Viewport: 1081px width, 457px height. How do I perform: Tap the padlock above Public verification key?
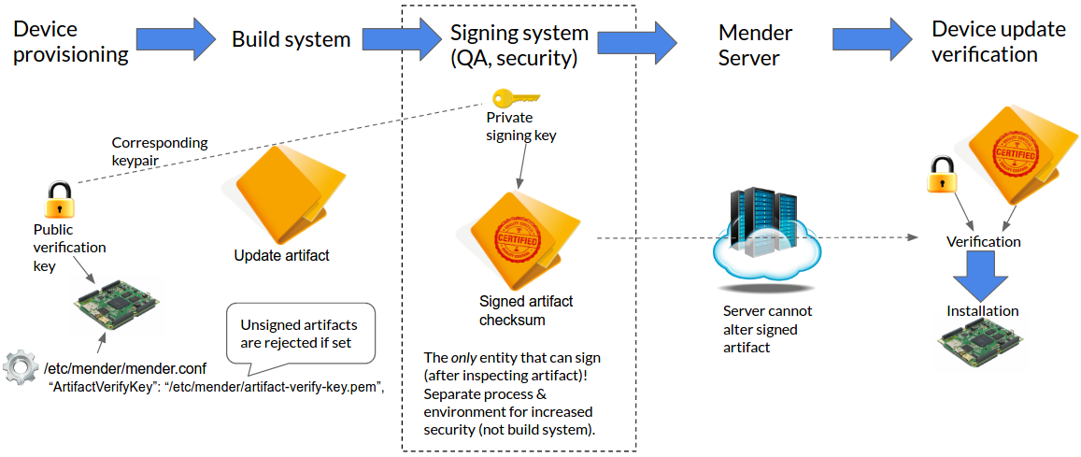[58, 199]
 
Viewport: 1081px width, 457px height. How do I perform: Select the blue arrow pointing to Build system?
[176, 38]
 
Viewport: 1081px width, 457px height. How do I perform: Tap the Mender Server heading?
[755, 45]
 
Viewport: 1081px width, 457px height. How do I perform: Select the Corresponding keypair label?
[160, 151]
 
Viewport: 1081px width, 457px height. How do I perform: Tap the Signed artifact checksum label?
[526, 310]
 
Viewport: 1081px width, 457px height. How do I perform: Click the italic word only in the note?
[464, 357]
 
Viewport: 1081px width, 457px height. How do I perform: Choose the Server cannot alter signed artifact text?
[767, 328]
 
